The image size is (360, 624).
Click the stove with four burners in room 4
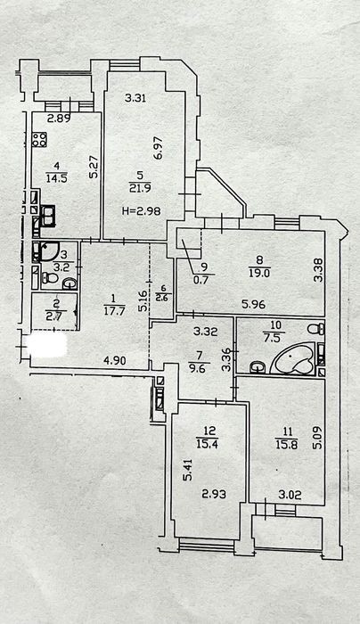[39, 140]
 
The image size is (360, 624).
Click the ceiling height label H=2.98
[141, 210]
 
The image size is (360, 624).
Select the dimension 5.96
[253, 305]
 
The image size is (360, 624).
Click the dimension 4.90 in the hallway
[115, 361]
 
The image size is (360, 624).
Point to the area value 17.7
[113, 311]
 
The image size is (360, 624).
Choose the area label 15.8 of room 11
[285, 442]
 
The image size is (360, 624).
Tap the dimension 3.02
[289, 495]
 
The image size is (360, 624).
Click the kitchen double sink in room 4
[48, 216]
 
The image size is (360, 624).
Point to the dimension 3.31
[135, 98]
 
